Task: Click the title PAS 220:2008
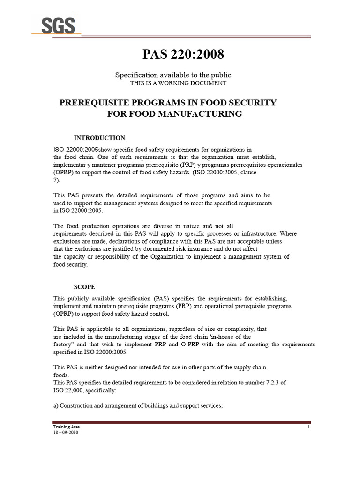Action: (x=183, y=55)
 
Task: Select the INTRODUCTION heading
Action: (x=100, y=138)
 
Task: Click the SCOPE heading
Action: (x=84, y=287)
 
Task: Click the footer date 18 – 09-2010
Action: (x=65, y=433)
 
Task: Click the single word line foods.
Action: (x=61, y=375)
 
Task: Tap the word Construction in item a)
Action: (x=77, y=406)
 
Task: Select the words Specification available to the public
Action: (x=173, y=75)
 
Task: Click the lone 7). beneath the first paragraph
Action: (x=57, y=180)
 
